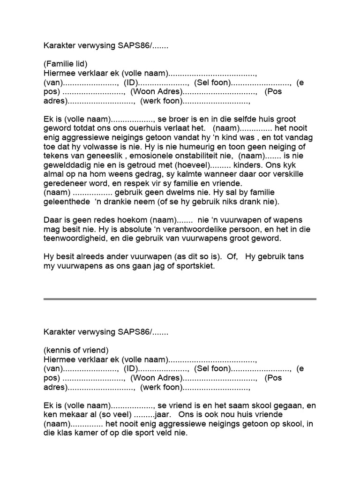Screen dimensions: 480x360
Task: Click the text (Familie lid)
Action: [66, 64]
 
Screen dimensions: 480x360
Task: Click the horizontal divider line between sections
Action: [180, 299]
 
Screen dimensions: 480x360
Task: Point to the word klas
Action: [63, 433]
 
